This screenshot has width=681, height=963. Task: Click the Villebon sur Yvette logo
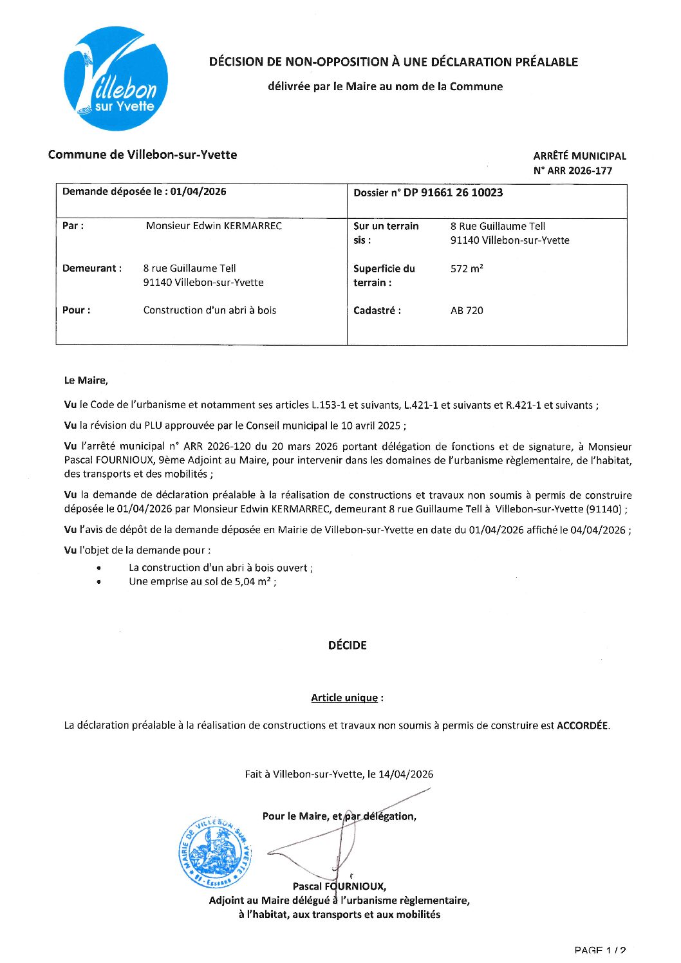pos(116,79)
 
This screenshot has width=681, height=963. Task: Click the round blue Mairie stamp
pos(215,854)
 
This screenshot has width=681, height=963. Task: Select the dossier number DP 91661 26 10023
pos(453,192)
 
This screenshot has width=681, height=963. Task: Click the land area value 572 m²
pos(467,268)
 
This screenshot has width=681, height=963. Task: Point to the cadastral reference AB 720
pos(467,310)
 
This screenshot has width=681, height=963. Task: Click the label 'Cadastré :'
pos(377,310)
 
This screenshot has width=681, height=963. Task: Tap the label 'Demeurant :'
pos(92,268)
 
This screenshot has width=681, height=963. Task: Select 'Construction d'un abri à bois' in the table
pos(209,310)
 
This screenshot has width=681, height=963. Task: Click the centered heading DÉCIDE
pos(347,645)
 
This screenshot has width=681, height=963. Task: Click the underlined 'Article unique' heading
pos(344,698)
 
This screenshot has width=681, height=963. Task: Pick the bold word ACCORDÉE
pos(582,725)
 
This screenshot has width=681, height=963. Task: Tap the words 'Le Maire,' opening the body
pos(86,380)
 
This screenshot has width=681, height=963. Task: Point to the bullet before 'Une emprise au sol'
pos(98,582)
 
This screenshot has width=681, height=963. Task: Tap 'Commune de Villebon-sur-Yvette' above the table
pos(142,154)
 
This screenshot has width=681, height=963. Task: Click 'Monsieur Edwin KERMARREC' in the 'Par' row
pos(214,226)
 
